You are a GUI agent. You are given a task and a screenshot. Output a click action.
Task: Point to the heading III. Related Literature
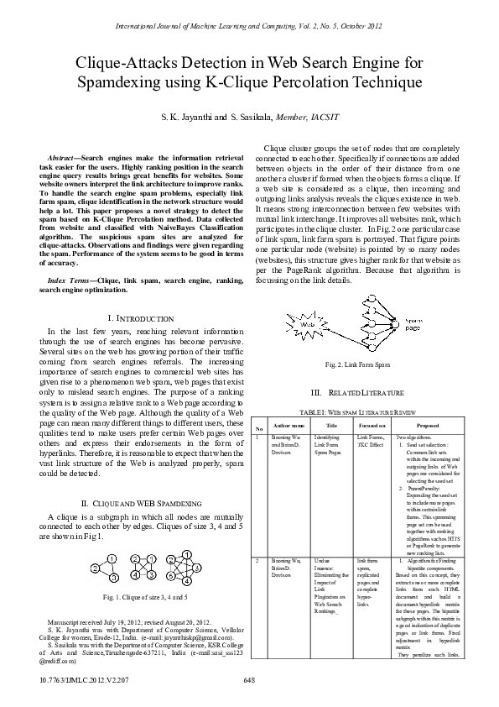[x=357, y=393]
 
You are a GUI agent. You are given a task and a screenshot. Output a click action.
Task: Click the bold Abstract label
[x=64, y=159]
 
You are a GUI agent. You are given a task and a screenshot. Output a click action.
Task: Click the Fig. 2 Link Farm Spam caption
[x=357, y=364]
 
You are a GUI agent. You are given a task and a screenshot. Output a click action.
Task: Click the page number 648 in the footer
[x=249, y=679]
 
